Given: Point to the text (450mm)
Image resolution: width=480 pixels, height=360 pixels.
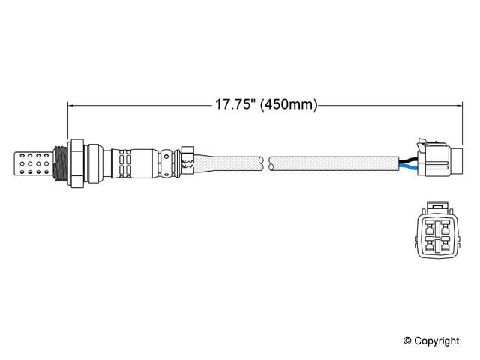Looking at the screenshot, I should pyautogui.click(x=288, y=106).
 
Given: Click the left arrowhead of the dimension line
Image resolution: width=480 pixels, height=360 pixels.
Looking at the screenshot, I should pyautogui.click(x=72, y=106).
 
